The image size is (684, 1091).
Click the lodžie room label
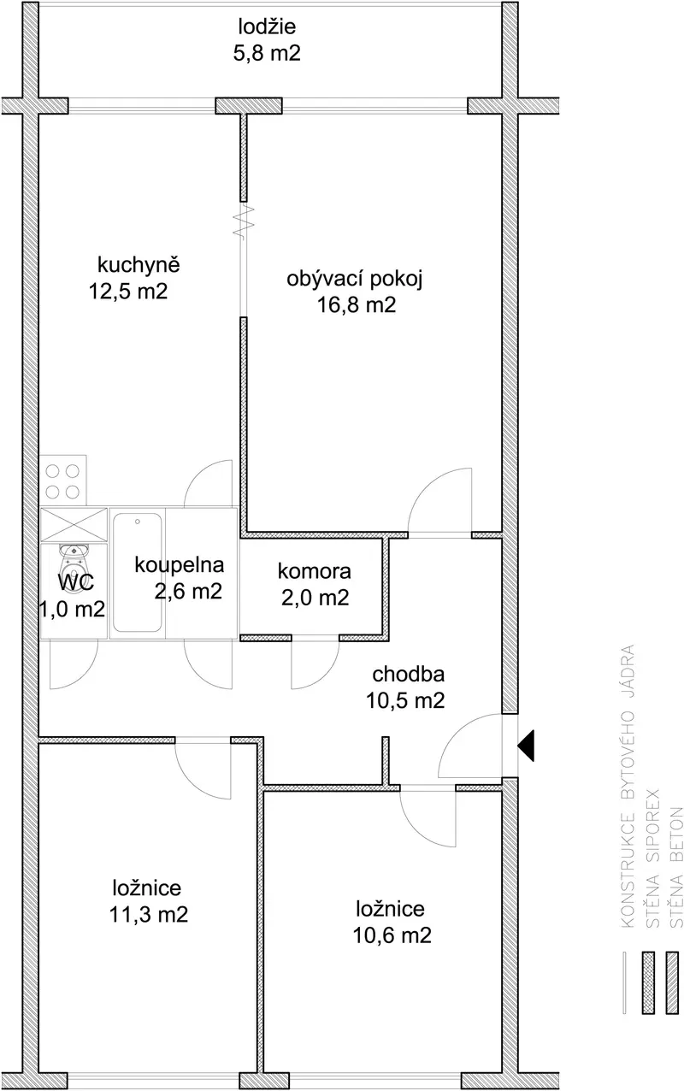click(267, 27)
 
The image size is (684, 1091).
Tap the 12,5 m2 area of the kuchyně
click(128, 292)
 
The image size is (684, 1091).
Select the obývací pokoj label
click(354, 280)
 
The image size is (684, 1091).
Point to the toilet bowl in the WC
click(74, 565)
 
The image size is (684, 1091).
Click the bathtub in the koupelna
click(138, 572)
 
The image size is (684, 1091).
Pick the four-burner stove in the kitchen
click(63, 481)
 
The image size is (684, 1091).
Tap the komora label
click(315, 571)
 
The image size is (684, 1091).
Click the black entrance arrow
click(526, 746)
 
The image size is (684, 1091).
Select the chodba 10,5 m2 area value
click(405, 700)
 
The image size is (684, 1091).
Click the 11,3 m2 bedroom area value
click(149, 914)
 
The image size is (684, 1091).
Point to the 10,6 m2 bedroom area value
click(392, 935)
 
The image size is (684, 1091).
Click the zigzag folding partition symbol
click(244, 221)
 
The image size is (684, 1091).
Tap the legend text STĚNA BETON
click(676, 867)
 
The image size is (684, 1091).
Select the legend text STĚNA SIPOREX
click(652, 858)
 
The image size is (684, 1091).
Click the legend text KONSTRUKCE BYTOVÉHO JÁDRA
click(628, 786)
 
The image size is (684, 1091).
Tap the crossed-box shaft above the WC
click(74, 525)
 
